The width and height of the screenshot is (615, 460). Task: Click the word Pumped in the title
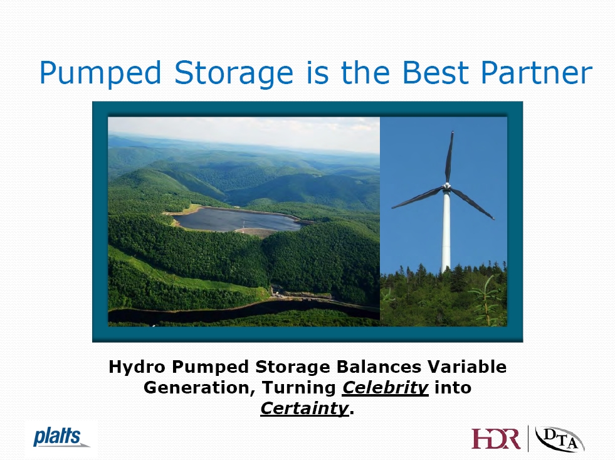tap(100, 73)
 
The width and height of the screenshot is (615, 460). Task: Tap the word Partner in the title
tap(537, 72)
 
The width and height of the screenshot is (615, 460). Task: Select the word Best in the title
tap(436, 72)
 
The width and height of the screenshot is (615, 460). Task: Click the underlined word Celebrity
tap(385, 388)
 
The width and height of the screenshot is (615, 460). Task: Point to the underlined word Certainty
tap(304, 409)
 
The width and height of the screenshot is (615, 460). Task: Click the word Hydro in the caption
tap(137, 367)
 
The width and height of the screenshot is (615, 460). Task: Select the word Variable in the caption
tap(467, 367)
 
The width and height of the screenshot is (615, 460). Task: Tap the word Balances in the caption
tap(379, 367)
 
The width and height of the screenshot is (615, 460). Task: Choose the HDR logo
tap(496, 439)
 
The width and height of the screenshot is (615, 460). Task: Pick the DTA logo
tap(560, 439)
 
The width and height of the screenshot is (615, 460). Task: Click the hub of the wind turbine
tap(447, 186)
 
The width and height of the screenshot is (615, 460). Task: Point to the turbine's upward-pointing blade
tap(449, 157)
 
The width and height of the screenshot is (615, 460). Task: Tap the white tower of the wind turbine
tap(446, 231)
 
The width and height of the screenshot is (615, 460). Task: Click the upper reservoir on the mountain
tap(235, 220)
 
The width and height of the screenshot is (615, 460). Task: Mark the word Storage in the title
tap(234, 73)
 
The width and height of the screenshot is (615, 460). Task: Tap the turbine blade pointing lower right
tap(473, 203)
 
